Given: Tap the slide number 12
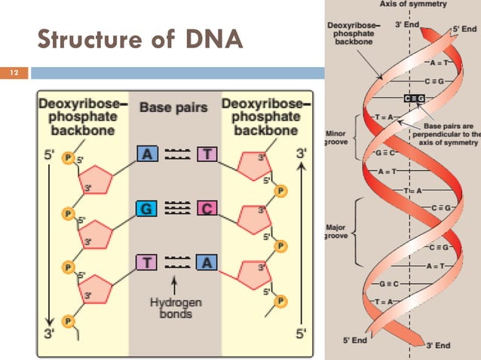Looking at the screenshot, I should click(14, 74).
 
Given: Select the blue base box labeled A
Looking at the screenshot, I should click(148, 154).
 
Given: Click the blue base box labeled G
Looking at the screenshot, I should click(148, 207).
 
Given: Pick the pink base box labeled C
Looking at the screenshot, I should click(207, 207).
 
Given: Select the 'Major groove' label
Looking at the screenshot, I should click(335, 229).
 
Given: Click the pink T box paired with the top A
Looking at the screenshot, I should click(207, 154).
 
